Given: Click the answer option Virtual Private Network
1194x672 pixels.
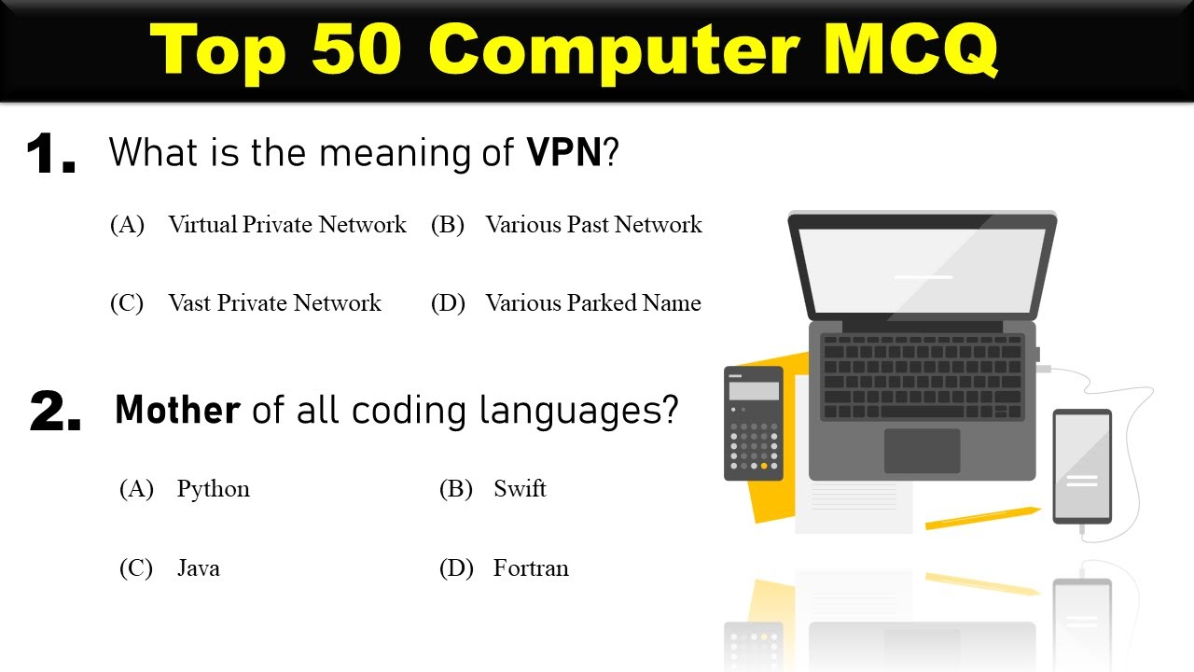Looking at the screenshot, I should point(286,225).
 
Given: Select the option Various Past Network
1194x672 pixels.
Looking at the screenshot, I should point(592,225).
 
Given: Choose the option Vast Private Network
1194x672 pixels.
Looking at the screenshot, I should point(274,303).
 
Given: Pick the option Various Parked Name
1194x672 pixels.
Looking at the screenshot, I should point(592,303).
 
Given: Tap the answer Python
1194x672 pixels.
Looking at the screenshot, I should point(213,489).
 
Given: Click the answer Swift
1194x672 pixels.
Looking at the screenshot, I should point(520,489).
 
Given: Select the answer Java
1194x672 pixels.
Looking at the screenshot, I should point(198,568).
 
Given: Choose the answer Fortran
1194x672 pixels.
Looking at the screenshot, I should point(530,568).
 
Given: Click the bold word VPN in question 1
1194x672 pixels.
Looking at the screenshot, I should point(564,152).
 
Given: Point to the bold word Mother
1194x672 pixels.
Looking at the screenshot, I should point(177,411).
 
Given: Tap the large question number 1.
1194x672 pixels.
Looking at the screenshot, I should point(50,155).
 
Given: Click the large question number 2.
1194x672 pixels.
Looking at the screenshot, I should point(55,412).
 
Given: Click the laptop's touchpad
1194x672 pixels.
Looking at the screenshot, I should point(922,451).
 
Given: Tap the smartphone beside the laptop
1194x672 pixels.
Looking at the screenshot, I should point(1082,466).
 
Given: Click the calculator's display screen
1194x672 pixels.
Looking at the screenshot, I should point(753,390).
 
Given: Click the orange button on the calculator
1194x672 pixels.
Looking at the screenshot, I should point(764,465).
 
